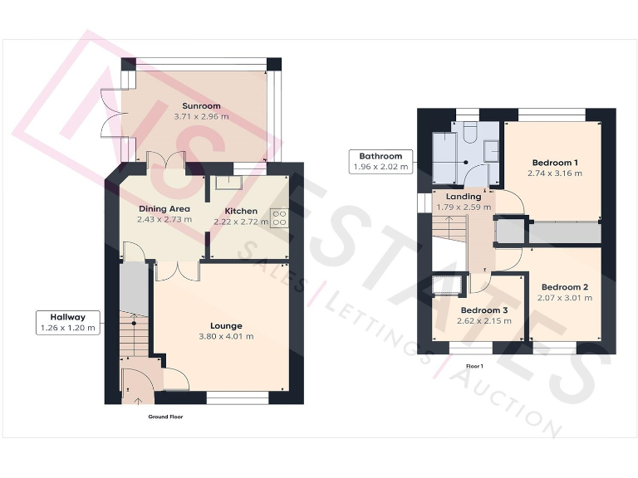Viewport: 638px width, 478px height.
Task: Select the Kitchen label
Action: click(x=241, y=211)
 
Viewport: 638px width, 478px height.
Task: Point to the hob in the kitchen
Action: click(x=279, y=217)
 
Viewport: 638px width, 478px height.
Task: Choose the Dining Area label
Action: click(x=164, y=208)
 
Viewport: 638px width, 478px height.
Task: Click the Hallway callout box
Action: click(x=68, y=322)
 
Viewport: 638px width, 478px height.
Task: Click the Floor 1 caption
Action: click(x=474, y=365)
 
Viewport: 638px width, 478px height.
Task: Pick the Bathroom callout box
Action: click(x=380, y=161)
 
